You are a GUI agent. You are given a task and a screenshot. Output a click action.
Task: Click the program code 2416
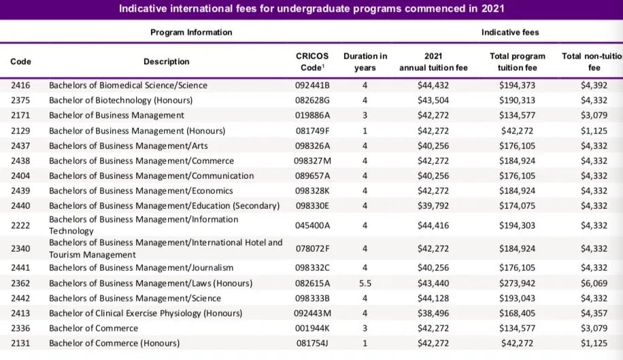pos(20,86)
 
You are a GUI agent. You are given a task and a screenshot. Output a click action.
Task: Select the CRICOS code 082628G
pos(312,100)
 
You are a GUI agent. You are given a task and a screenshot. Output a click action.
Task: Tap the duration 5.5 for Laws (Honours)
pos(365,283)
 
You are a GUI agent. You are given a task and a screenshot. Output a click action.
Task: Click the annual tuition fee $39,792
pos(433,206)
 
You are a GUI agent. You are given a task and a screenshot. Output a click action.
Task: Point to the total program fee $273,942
pos(517,283)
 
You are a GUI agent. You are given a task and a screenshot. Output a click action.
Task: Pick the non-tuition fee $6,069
pos(594,283)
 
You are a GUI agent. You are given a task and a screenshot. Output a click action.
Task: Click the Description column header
pos(167,62)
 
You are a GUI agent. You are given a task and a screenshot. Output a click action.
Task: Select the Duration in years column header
pos(365,62)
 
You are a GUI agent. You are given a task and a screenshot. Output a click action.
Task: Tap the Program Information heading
pos(191,32)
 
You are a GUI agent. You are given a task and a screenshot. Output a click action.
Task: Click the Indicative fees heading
pos(510,32)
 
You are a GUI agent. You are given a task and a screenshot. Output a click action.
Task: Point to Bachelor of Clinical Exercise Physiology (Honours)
pos(146,313)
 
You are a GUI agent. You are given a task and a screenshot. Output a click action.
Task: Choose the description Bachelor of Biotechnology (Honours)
pos(121,100)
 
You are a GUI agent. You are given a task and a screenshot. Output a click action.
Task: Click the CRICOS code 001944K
pos(312,328)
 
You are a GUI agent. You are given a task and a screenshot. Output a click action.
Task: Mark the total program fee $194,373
pos(517,86)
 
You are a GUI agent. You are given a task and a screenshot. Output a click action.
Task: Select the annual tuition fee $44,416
pos(433,225)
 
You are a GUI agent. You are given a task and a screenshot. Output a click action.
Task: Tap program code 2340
pos(20,249)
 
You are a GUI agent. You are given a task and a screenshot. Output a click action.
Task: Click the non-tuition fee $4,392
pos(594,86)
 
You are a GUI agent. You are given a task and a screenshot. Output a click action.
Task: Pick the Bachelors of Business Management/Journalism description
pos(141,268)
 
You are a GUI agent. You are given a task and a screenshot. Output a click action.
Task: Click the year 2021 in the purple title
pos(492,9)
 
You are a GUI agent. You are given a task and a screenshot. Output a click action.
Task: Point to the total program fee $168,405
pos(517,313)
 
